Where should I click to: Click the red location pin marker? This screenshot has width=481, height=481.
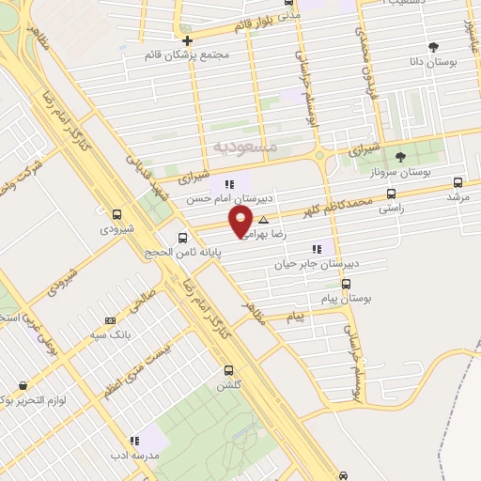pyautogui.click(x=241, y=223)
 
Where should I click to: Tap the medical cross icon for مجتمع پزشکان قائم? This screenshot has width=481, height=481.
pyautogui.click(x=188, y=40)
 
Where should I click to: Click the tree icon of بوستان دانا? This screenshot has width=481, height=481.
pyautogui.click(x=433, y=46)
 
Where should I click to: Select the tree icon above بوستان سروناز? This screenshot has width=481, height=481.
pyautogui.click(x=401, y=156)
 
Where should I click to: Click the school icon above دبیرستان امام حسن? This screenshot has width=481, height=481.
pyautogui.click(x=228, y=184)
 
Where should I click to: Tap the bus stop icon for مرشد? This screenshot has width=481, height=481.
pyautogui.click(x=458, y=183)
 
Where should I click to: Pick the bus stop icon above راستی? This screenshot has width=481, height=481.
pyautogui.click(x=391, y=196)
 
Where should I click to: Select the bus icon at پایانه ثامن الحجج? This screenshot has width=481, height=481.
pyautogui.click(x=183, y=237)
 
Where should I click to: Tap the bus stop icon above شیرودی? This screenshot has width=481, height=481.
pyautogui.click(x=116, y=214)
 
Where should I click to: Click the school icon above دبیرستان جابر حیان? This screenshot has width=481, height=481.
pyautogui.click(x=317, y=250)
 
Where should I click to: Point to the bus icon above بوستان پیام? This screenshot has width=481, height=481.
pyautogui.click(x=348, y=283)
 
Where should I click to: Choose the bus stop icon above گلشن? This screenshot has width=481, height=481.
pyautogui.click(x=228, y=370)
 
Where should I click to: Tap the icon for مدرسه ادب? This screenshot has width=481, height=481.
pyautogui.click(x=134, y=439)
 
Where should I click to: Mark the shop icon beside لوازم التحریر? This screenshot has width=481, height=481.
pyautogui.click(x=21, y=385)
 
